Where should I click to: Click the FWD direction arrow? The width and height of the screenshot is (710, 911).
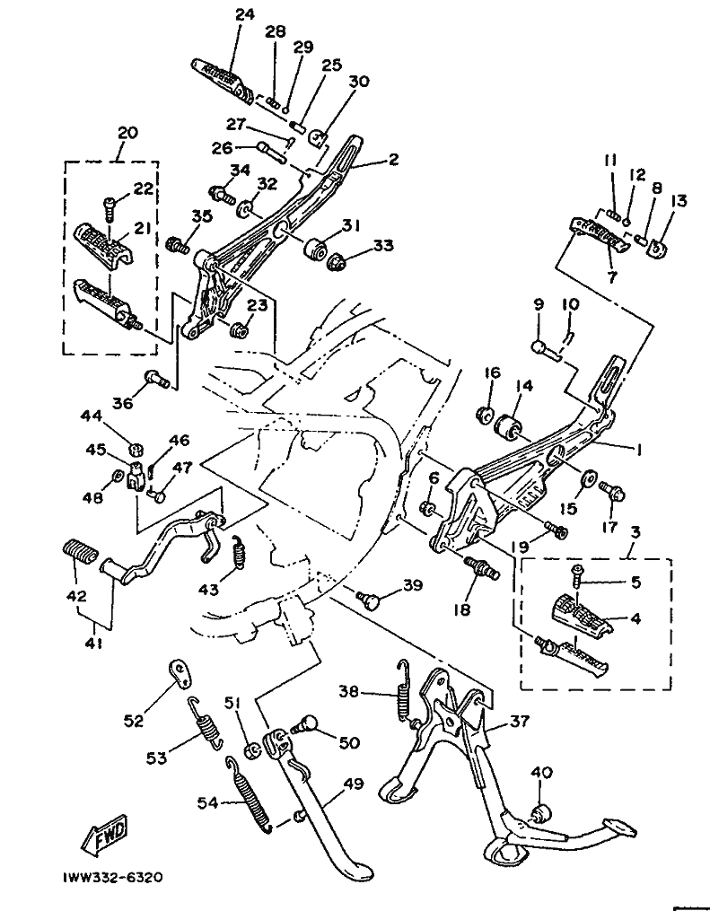pos(105,835)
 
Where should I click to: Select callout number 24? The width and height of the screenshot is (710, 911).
pos(245,14)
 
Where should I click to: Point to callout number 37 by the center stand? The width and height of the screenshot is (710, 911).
pos(519,721)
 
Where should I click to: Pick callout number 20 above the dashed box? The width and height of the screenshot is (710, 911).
pos(127,133)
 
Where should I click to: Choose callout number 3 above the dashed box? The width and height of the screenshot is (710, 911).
pos(635,531)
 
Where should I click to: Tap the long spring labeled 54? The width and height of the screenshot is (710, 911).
pos(249,794)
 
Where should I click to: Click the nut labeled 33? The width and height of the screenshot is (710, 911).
pos(337,263)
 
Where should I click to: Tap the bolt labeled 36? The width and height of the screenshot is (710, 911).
pos(155,379)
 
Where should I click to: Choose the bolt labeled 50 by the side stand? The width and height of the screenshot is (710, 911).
pos(306,726)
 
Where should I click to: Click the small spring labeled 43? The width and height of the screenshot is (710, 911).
pos(236,550)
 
